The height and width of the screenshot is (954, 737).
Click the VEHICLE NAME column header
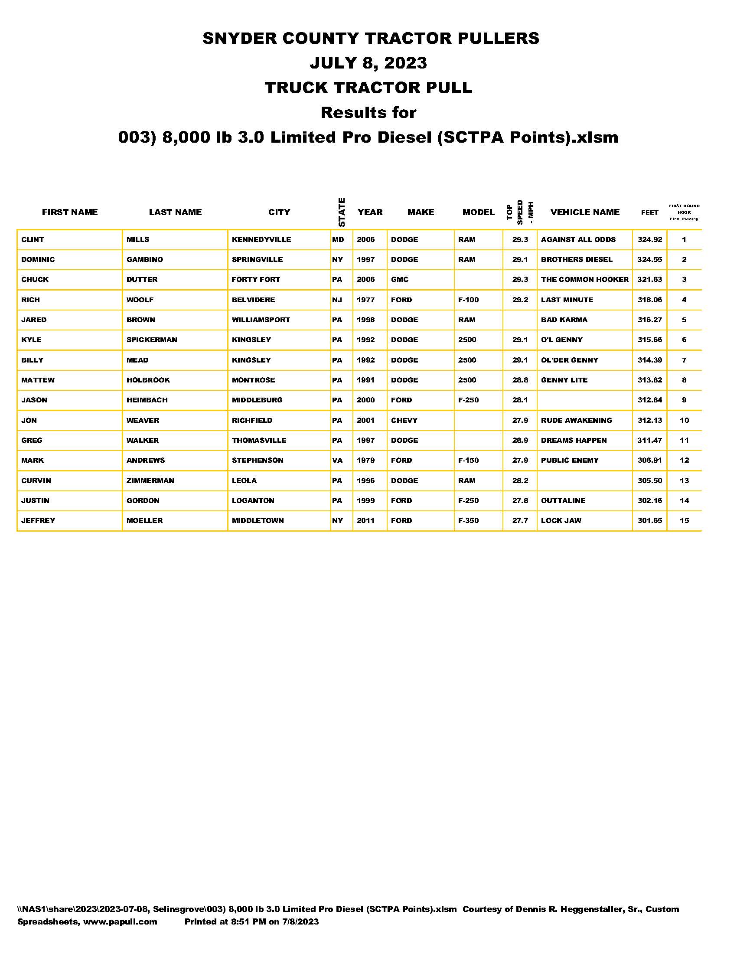tap(585, 212)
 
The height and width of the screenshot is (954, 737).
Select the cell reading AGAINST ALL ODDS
tap(578, 239)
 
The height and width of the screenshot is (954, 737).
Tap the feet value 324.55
tap(649, 259)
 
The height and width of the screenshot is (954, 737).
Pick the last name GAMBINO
tap(144, 259)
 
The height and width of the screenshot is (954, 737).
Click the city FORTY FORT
tap(255, 280)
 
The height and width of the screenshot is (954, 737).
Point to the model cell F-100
tap(468, 300)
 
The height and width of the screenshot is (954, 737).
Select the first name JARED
tap(34, 320)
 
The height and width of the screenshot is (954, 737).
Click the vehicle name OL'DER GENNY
tap(569, 360)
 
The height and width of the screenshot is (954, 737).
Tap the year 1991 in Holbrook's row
tap(365, 380)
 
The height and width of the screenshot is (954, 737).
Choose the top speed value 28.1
tap(520, 400)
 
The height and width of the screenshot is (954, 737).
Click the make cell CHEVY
tap(404, 421)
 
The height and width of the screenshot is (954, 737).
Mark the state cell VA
tap(337, 461)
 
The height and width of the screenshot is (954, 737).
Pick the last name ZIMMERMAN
tap(150, 481)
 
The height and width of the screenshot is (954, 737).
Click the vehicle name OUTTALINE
tap(563, 500)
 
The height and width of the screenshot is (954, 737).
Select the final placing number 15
tap(684, 521)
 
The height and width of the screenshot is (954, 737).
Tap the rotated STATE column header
tap(342, 212)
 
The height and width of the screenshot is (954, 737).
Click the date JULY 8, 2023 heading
tap(368, 63)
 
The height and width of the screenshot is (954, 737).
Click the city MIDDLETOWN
tap(258, 521)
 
